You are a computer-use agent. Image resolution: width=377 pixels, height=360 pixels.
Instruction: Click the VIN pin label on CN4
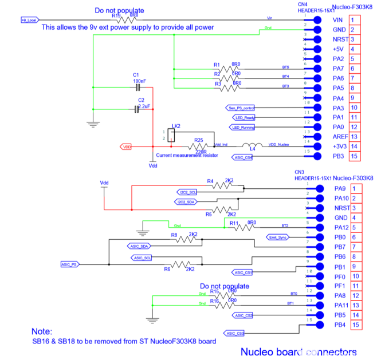click(x=337, y=20)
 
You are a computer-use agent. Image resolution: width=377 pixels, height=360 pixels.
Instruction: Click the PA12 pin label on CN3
click(x=340, y=227)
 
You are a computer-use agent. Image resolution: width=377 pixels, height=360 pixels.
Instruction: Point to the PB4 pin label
click(x=339, y=325)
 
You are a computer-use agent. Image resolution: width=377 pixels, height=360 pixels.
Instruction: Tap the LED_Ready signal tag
click(x=244, y=117)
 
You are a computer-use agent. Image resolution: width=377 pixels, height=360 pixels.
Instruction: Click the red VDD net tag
click(x=126, y=147)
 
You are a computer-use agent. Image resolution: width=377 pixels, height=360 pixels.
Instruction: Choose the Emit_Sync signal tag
click(x=277, y=237)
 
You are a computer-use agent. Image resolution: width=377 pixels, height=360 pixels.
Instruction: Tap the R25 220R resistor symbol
click(x=198, y=147)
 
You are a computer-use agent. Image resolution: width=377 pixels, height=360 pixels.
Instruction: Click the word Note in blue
click(x=41, y=331)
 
